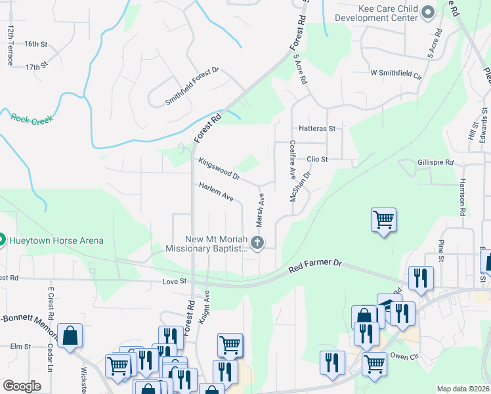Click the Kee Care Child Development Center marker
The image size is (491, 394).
(429, 12)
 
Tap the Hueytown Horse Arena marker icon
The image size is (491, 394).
(2, 240)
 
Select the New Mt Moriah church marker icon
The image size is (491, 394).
(257, 243)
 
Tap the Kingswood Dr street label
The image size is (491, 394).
(219, 168)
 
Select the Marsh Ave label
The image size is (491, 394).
(261, 207)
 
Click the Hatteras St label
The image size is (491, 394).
(317, 129)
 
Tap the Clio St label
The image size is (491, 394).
(316, 159)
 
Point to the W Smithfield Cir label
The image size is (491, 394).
(395, 73)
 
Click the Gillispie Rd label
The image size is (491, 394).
(435, 162)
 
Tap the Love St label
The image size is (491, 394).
(175, 281)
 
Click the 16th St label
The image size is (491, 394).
(36, 44)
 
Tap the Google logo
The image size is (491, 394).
(22, 386)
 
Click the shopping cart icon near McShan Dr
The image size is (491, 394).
(383, 220)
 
